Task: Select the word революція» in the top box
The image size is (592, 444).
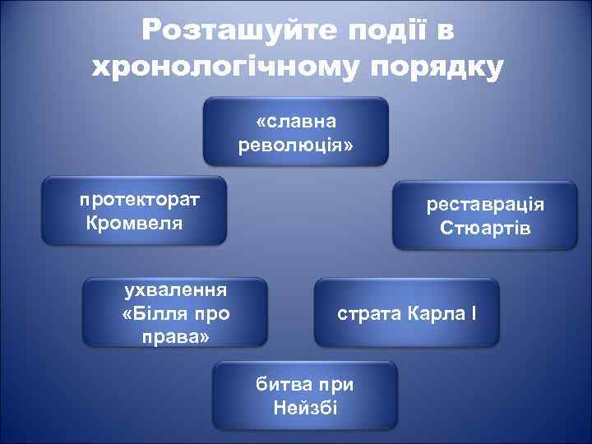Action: pos(296,146)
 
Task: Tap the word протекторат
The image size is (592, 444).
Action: pos(140,199)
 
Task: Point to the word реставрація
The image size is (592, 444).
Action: pos(485,204)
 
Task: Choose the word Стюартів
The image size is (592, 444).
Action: pos(485,228)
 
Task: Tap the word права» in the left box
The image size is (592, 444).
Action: pos(176,337)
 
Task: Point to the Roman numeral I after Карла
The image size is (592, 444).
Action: pos(474,314)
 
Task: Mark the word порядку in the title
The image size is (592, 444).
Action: pos(437,67)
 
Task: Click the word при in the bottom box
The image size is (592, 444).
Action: pos(337,385)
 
